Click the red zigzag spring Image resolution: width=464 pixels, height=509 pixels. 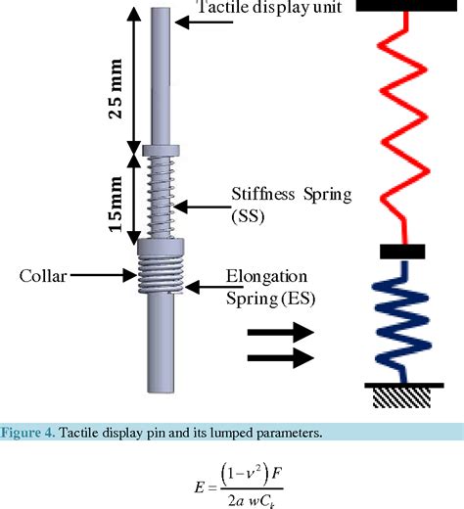tap(401, 127)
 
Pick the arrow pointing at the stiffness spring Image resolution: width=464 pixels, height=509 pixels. tap(205, 206)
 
